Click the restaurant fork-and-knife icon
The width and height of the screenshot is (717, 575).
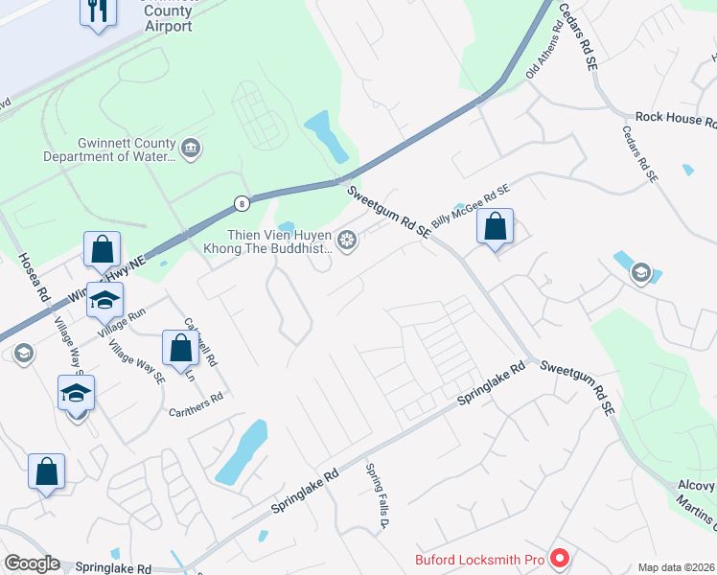click(98, 11)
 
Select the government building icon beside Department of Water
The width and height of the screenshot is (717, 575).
click(190, 149)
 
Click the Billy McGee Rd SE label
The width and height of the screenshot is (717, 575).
click(471, 205)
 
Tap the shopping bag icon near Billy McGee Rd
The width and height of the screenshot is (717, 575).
click(495, 228)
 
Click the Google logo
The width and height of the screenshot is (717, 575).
click(32, 563)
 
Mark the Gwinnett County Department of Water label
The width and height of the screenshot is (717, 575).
click(109, 150)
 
